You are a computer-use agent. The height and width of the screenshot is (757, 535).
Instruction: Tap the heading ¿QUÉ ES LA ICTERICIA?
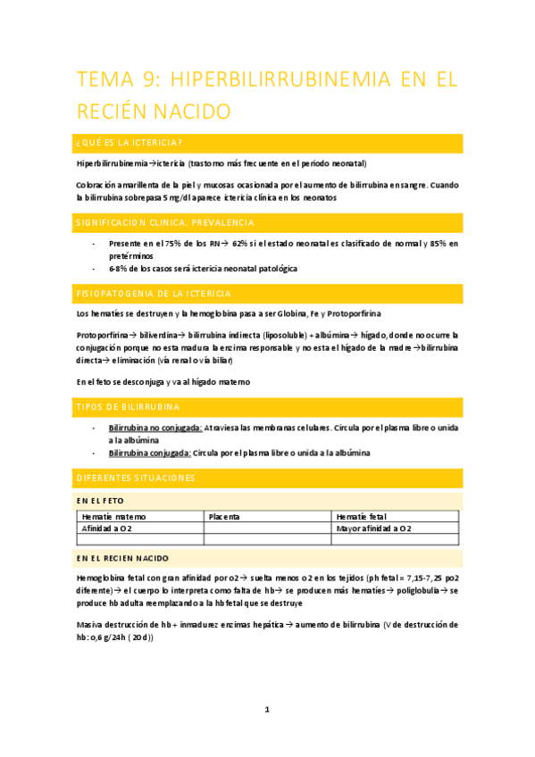pos(130,143)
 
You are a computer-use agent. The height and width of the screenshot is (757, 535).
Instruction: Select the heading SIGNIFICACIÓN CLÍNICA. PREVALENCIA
pos(166,222)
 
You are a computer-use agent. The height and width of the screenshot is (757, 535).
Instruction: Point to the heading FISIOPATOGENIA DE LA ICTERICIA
pos(155,293)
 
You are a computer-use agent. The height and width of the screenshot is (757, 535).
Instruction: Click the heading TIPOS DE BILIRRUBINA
pos(128,407)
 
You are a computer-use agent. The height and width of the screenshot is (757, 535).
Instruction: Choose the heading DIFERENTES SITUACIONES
pos(136,478)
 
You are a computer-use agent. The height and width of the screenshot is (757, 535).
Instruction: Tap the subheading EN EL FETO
pos(100,502)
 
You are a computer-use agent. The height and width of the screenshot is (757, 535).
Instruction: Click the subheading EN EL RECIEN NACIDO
pos(122,558)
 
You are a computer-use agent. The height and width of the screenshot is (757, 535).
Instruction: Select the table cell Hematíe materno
pos(113,517)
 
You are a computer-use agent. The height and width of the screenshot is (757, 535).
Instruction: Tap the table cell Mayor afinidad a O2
pos(374,528)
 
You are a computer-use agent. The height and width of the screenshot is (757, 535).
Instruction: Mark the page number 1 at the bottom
pos(267,710)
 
